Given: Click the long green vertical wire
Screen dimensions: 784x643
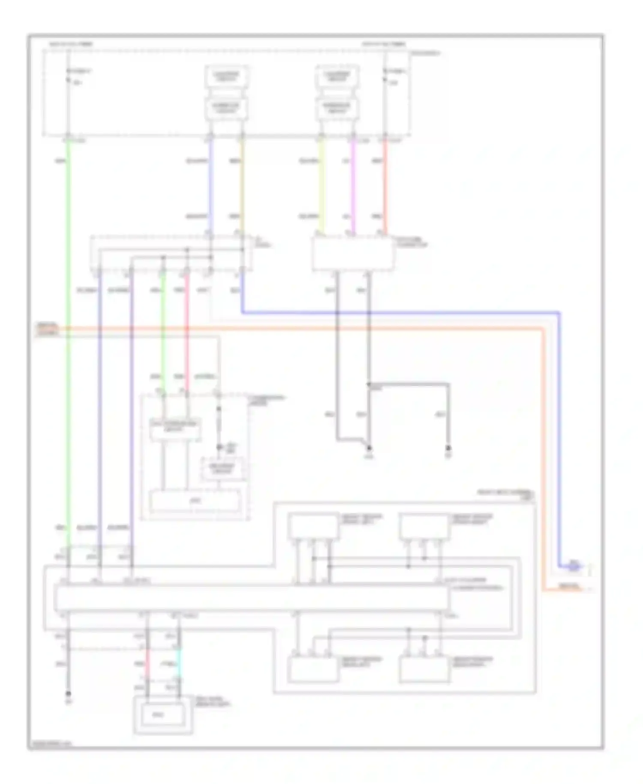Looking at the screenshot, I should click(68, 343).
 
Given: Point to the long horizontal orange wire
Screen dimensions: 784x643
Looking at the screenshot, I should click(300, 329).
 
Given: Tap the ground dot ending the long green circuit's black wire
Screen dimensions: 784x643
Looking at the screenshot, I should click(68, 693).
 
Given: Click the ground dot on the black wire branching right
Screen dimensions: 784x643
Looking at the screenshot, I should click(448, 448).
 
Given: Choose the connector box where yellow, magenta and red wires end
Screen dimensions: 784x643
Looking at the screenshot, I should click(353, 253).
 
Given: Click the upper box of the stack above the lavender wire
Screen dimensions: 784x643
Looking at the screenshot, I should click(226, 76).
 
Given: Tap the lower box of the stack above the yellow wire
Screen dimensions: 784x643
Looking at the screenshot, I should click(337, 108).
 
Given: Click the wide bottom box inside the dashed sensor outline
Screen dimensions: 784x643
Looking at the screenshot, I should click(195, 501).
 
